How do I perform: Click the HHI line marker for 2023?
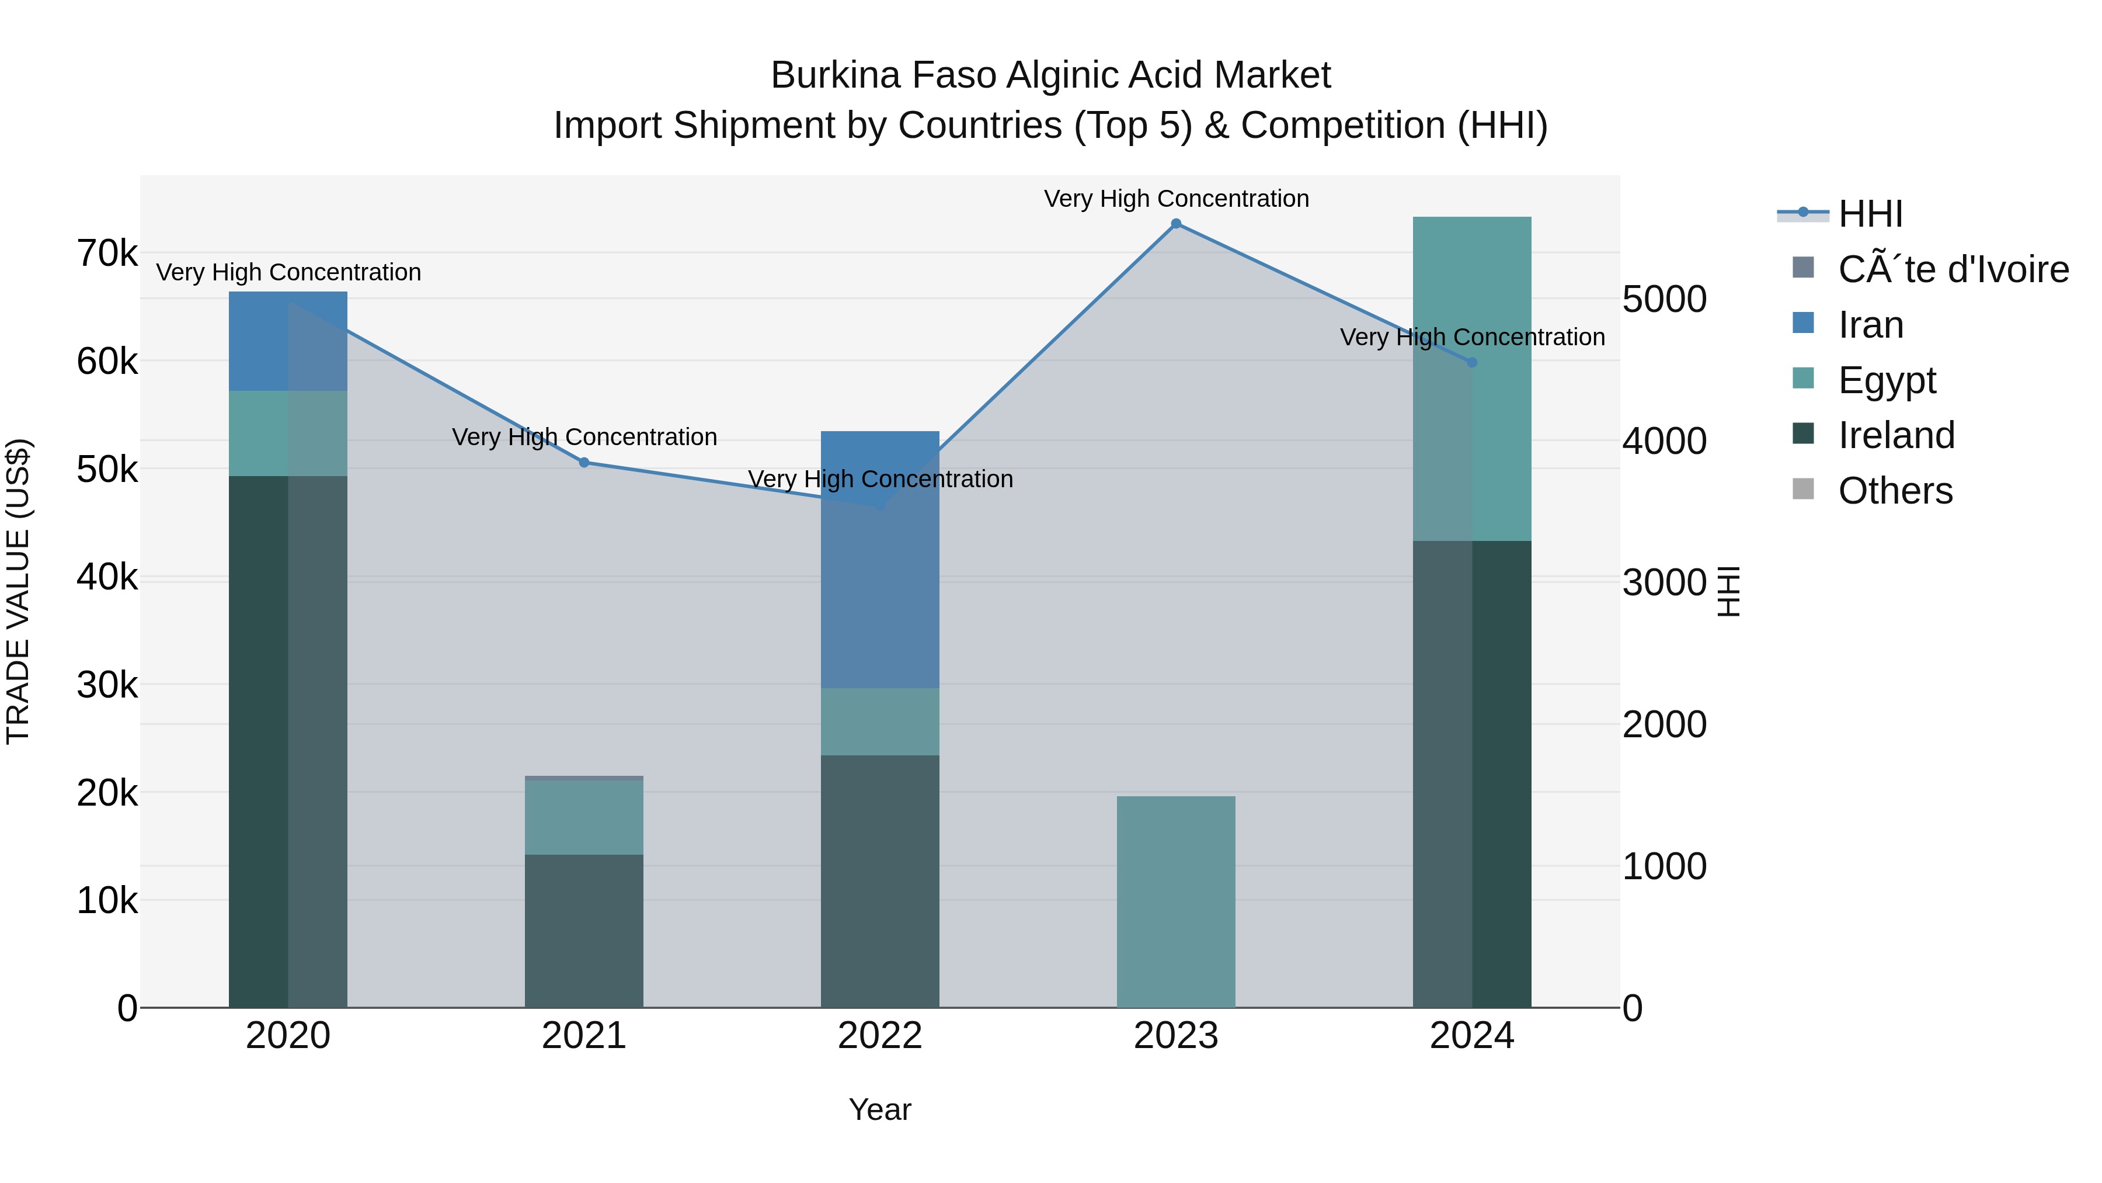1176,224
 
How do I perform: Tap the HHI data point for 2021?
584,463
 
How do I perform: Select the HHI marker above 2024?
1472,362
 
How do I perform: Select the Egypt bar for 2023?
1176,901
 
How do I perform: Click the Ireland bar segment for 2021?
584,931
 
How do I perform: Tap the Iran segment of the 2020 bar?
288,341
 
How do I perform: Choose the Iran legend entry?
1870,325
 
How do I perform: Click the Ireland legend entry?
1895,435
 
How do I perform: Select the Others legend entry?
1895,491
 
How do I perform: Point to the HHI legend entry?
1870,214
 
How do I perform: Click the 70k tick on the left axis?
107,254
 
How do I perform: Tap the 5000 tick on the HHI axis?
1664,300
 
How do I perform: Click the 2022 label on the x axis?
880,1036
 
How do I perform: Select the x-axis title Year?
880,1109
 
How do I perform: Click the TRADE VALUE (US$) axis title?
18,591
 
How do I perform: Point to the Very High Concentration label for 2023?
1176,199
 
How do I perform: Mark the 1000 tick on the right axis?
1664,866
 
